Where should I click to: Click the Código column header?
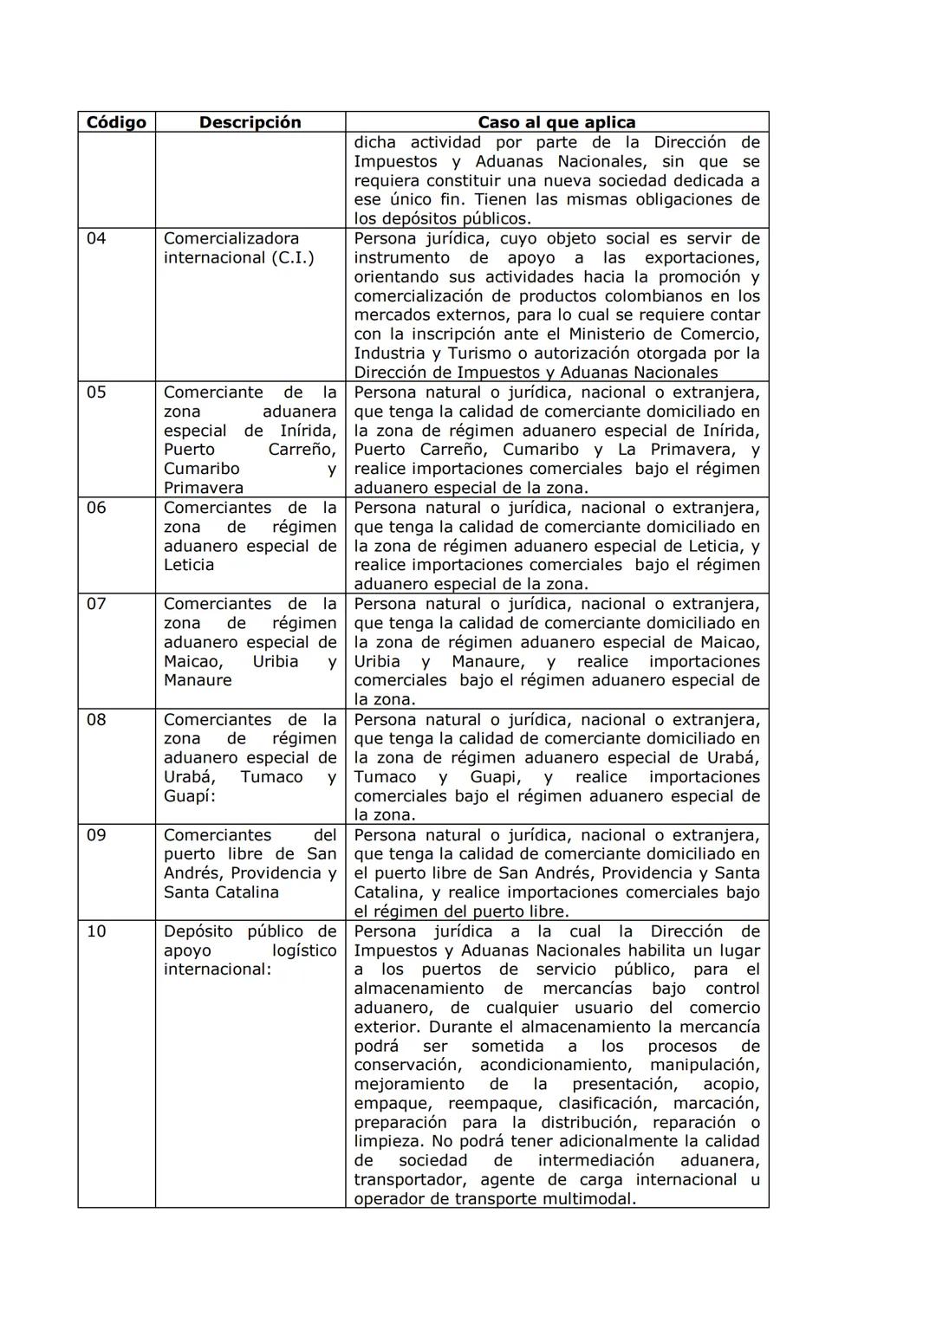[x=116, y=122]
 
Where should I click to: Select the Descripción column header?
[x=250, y=122]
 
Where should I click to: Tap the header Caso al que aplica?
[x=556, y=122]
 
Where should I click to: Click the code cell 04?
[x=96, y=238]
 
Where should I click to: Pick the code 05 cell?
[x=96, y=392]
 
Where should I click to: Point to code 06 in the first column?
[x=96, y=508]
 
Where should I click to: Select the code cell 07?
[x=96, y=604]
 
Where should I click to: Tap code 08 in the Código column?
[x=96, y=720]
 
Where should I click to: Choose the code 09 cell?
[x=96, y=835]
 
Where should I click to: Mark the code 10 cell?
[x=96, y=931]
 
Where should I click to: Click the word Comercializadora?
[x=231, y=238]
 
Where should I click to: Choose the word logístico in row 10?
[x=304, y=950]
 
